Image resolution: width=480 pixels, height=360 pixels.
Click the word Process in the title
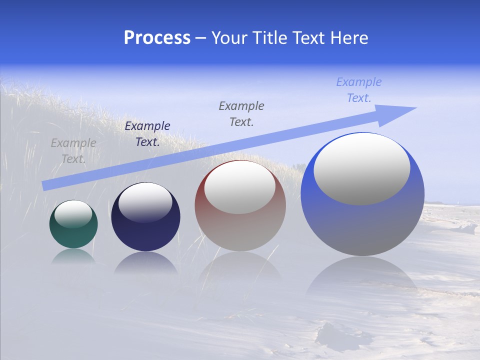[157, 38]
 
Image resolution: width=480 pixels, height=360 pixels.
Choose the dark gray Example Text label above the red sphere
[241, 113]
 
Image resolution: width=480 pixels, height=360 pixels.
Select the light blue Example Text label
[358, 90]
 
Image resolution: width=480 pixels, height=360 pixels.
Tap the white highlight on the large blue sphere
[361, 168]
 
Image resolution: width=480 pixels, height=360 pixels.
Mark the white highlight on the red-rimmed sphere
[240, 187]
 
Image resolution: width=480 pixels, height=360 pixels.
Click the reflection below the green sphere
[73, 256]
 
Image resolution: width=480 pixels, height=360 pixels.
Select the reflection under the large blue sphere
[361, 275]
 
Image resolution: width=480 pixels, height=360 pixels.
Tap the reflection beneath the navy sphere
[145, 262]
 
